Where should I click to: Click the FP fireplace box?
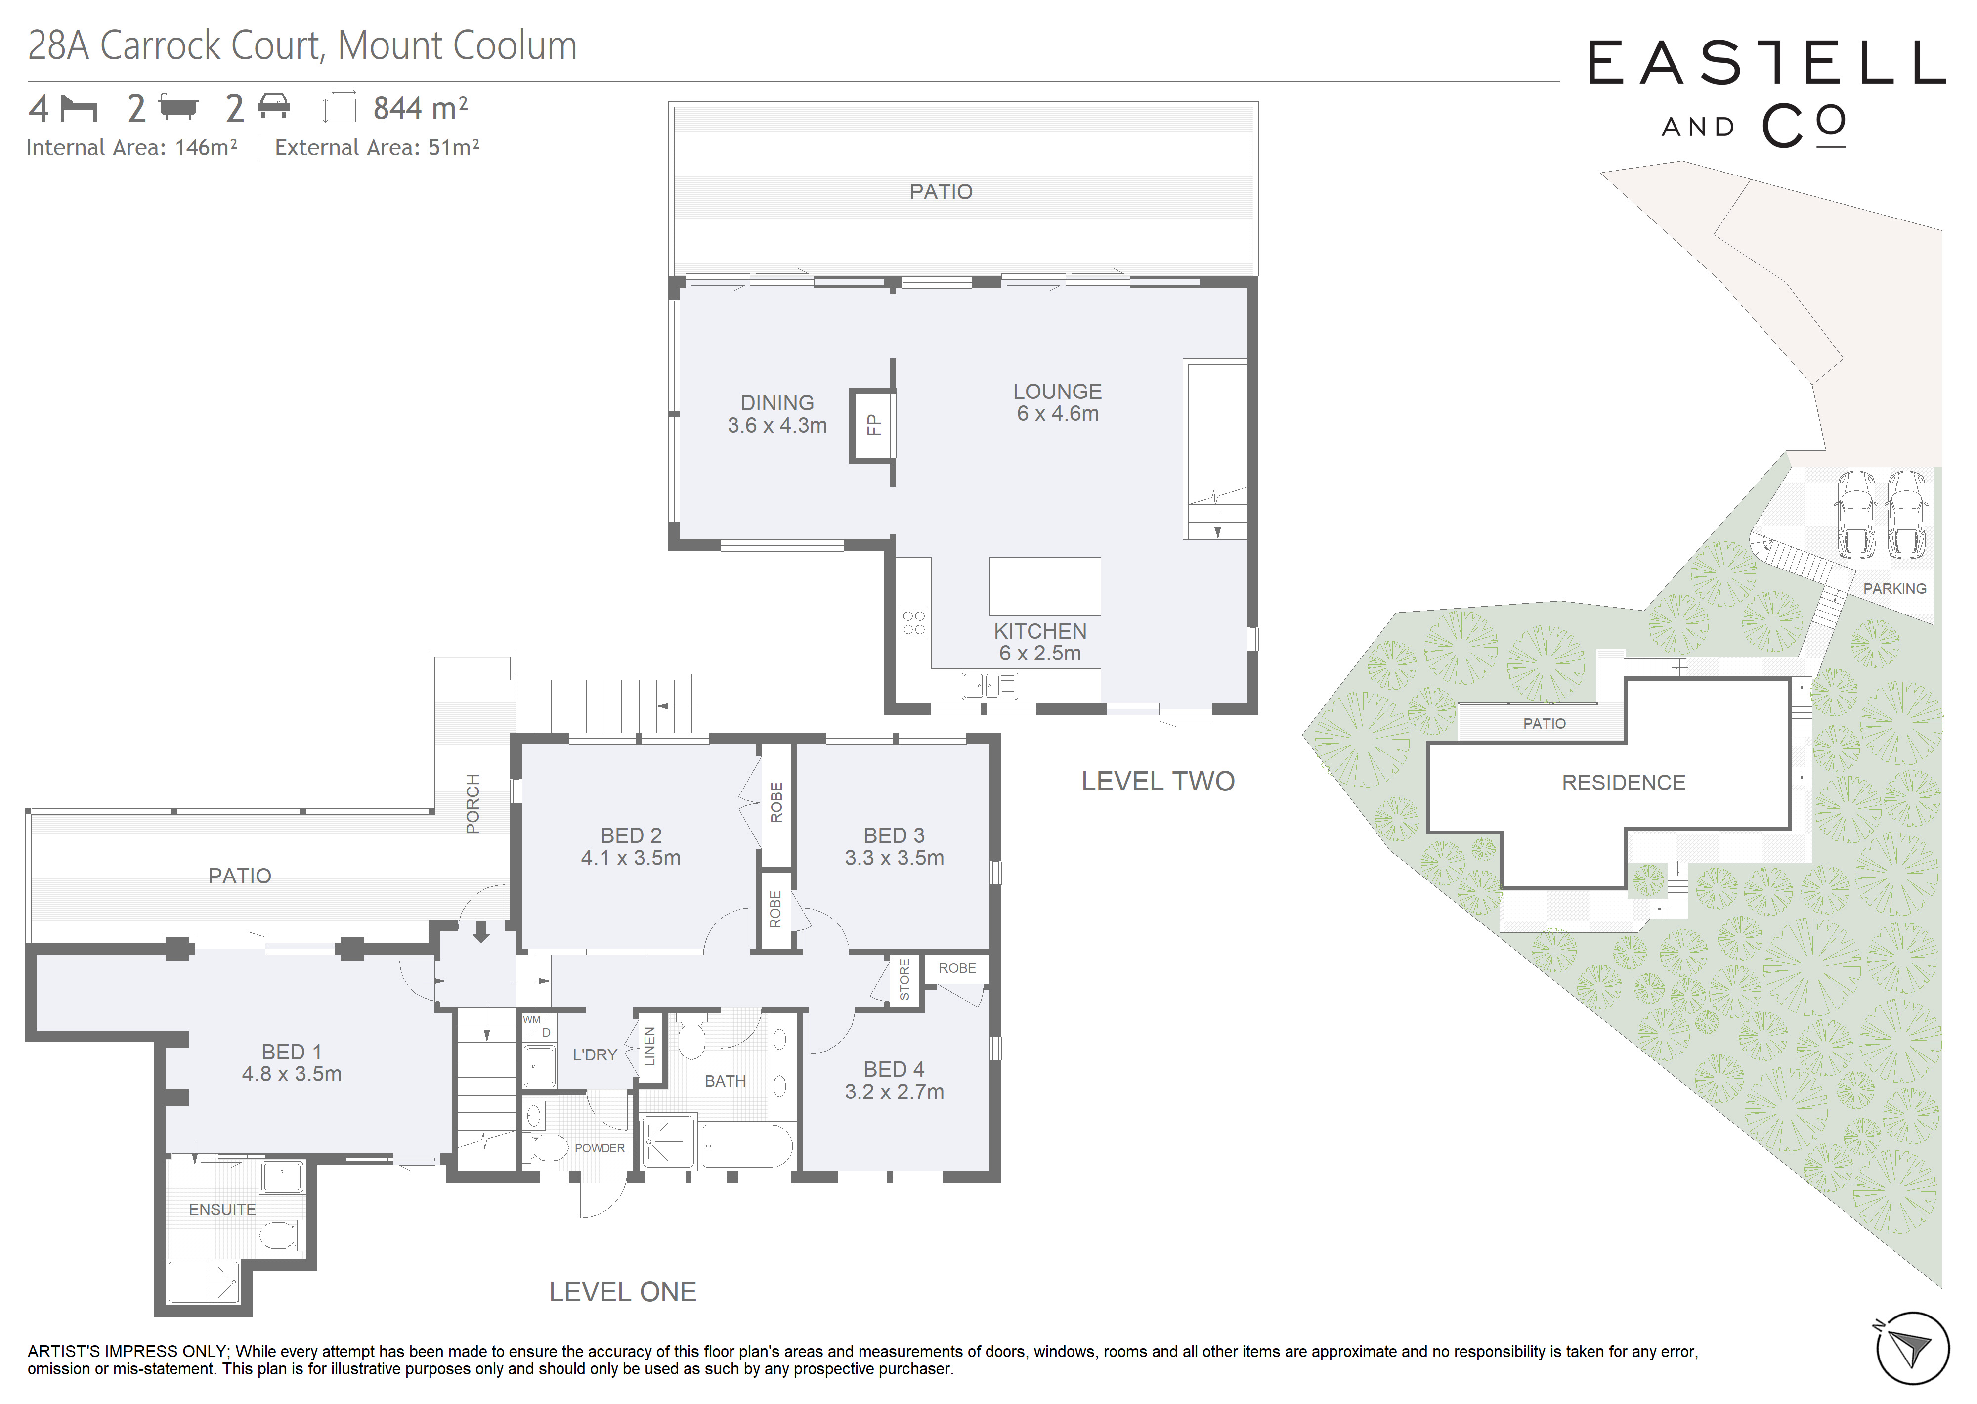872,425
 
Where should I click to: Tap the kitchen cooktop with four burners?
913,622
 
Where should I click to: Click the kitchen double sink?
989,686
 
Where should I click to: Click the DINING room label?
777,403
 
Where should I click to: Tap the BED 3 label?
894,835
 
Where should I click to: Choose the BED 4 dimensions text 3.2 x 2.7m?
894,1092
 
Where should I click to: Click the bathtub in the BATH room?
747,1146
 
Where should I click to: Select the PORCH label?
473,804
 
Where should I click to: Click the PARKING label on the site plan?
1894,589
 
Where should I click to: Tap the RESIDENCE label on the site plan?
1624,783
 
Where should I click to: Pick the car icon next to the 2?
274,107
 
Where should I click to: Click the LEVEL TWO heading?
1158,782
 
